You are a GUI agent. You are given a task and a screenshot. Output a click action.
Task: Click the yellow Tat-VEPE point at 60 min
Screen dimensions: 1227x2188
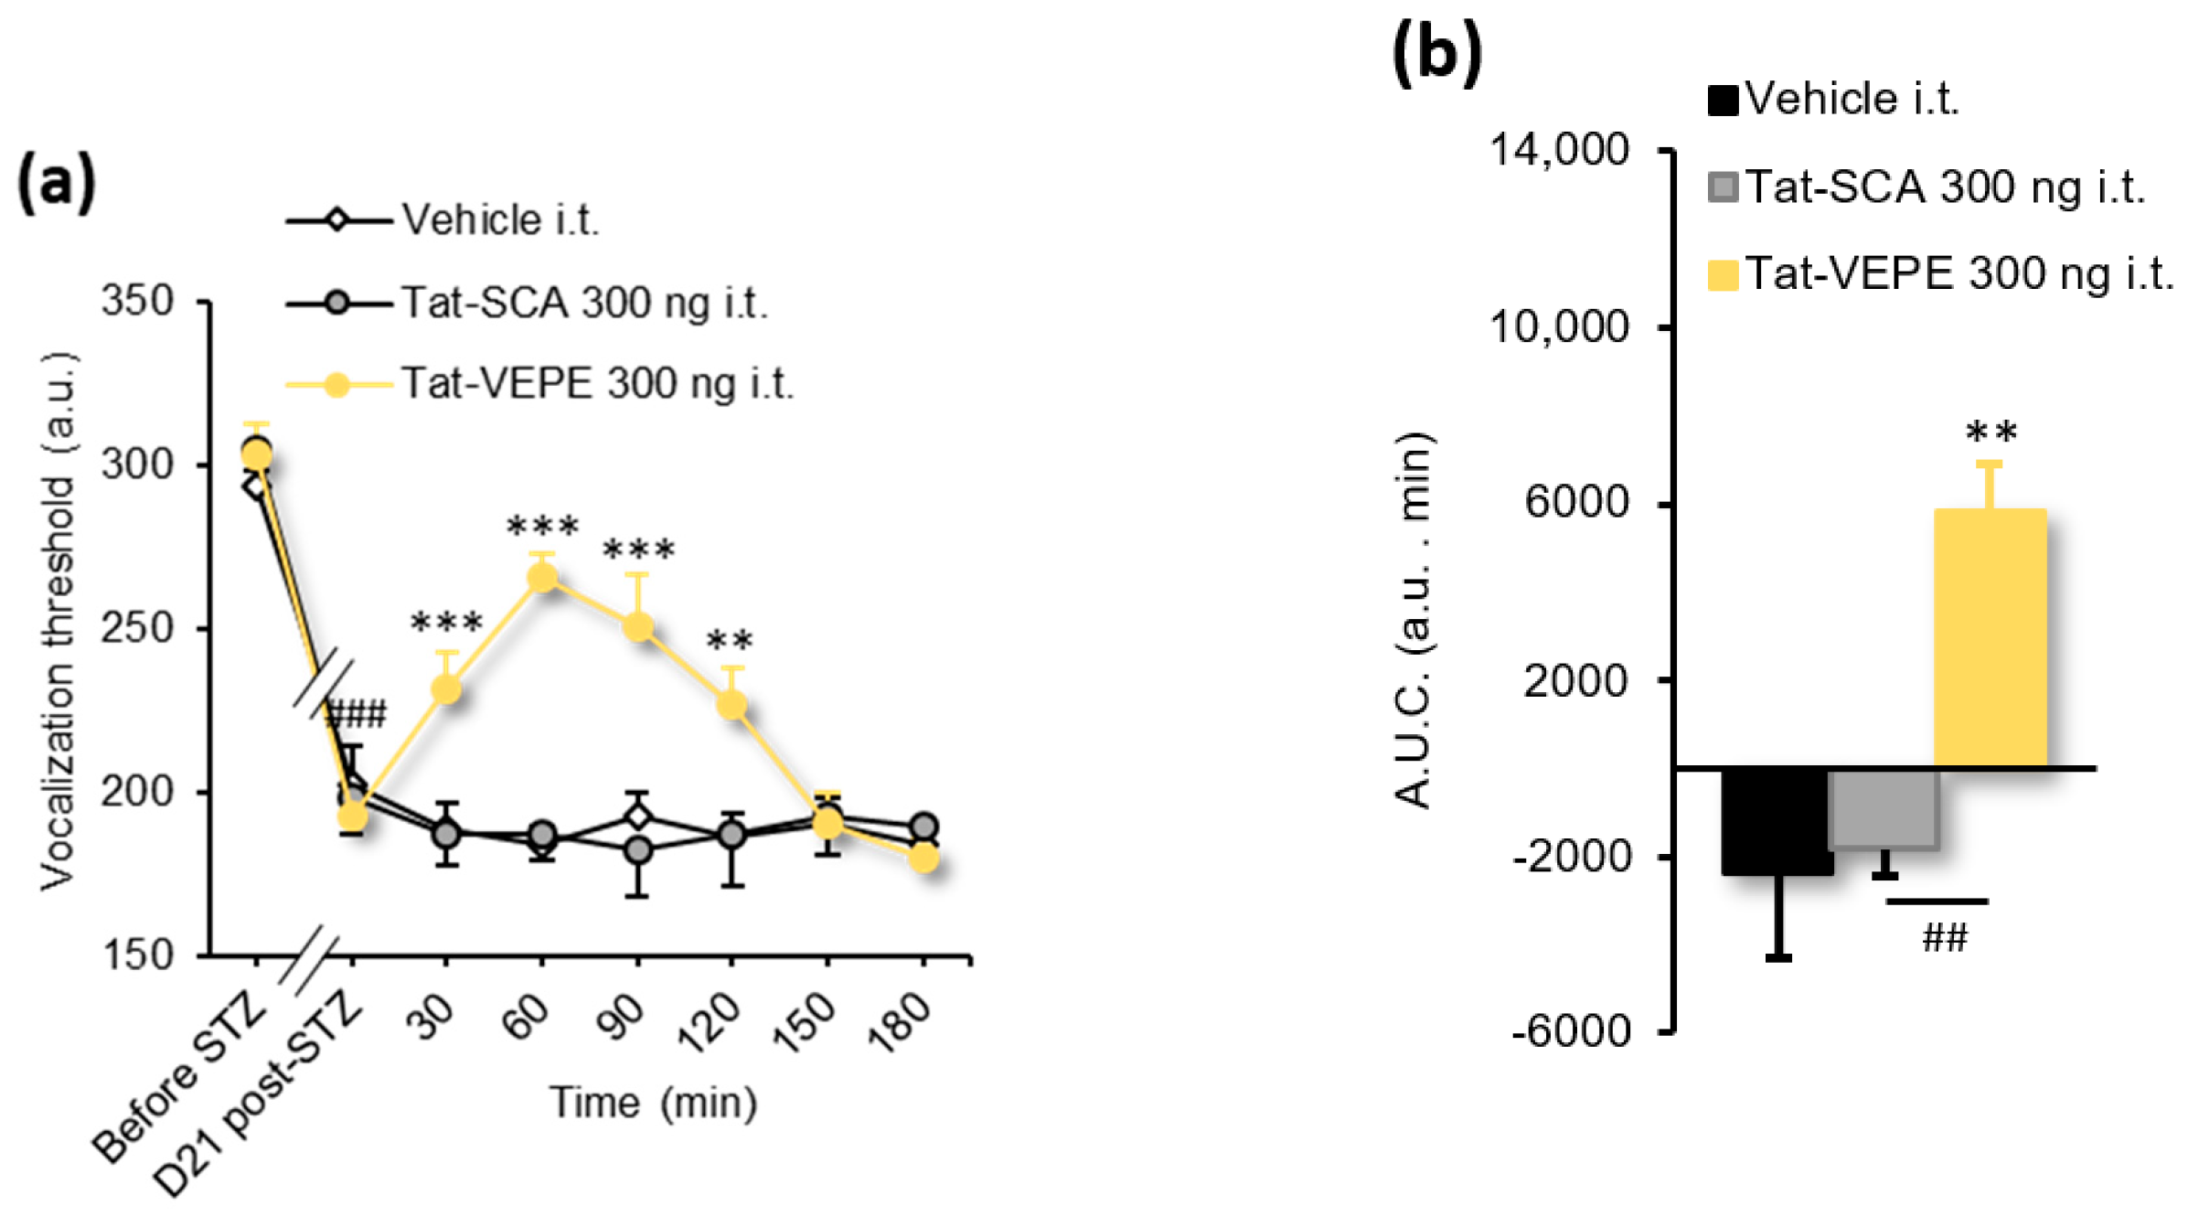tap(542, 578)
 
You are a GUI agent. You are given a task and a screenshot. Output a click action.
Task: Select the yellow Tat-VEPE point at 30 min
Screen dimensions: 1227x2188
tap(446, 688)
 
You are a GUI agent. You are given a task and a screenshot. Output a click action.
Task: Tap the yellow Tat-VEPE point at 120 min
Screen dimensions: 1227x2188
tap(731, 705)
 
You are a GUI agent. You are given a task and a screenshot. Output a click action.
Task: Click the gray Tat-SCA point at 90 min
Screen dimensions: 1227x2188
tap(638, 850)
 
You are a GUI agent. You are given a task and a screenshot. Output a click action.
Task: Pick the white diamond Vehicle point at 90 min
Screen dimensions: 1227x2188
tap(638, 816)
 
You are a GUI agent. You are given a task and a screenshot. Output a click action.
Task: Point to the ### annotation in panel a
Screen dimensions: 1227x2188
tap(356, 713)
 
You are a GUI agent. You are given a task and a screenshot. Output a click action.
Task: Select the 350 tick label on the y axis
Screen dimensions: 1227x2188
tap(137, 301)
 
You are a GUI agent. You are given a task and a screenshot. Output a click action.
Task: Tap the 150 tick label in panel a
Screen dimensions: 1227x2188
tap(137, 955)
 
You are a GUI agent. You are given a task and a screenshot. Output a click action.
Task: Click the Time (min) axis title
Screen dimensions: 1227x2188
tap(653, 1104)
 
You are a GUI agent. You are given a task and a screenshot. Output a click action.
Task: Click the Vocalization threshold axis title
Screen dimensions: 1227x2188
tap(58, 622)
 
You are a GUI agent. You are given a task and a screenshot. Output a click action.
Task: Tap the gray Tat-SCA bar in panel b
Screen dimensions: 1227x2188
tap(1884, 809)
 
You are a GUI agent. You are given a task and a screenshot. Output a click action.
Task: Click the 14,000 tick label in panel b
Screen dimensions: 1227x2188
tap(1559, 149)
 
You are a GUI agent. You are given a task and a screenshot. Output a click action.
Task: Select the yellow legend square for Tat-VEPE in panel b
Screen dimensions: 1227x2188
tap(1723, 275)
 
